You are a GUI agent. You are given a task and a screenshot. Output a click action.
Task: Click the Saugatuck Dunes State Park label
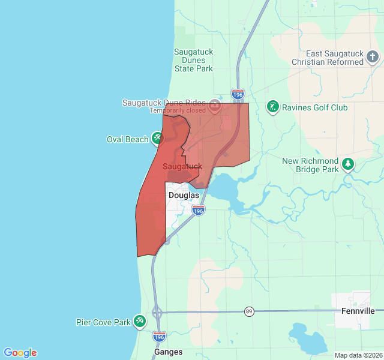tap(193, 60)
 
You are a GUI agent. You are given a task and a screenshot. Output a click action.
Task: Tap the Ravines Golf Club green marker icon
tap(273, 107)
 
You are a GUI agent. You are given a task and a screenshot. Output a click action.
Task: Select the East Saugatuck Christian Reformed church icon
tap(373, 58)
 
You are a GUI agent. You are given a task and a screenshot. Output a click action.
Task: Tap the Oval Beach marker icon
tap(157, 139)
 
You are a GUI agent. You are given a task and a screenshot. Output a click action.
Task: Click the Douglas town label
tap(184, 195)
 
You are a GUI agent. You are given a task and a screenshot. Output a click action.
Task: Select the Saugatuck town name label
tap(182, 166)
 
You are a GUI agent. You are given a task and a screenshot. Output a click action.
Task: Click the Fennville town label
tap(358, 311)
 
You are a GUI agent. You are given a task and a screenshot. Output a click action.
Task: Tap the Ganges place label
tap(168, 352)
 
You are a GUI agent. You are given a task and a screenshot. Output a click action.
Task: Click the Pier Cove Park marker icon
tap(140, 322)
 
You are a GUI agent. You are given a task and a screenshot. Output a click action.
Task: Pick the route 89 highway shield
tap(248, 311)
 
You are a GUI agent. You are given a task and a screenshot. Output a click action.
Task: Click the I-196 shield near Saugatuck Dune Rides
tap(238, 94)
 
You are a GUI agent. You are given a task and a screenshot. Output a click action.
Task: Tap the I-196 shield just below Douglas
tap(199, 210)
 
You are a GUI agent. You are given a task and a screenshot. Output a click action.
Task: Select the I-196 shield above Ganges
tap(160, 337)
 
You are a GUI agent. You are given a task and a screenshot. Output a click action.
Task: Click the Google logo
tap(20, 353)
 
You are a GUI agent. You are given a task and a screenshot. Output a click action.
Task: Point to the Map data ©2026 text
tap(358, 355)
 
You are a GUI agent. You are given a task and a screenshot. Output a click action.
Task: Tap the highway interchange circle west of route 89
tap(157, 312)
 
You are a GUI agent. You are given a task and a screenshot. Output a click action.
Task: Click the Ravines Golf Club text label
tap(315, 107)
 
